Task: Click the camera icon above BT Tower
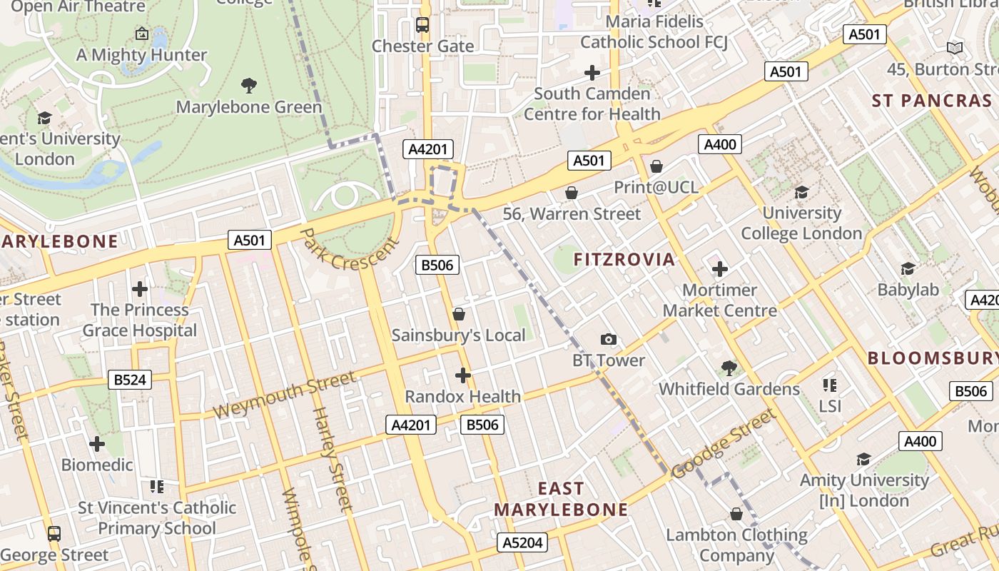pos(608,340)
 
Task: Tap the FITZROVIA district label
pos(624,259)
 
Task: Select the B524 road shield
pos(130,380)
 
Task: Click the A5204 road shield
pos(522,542)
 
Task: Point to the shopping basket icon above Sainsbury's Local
pos(459,314)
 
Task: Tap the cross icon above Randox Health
pos(463,375)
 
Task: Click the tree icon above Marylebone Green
pos(249,86)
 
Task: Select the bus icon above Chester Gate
pos(422,26)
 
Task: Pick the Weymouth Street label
pos(283,395)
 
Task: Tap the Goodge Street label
pos(723,444)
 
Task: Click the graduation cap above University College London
pos(801,192)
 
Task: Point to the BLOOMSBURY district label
pos(933,358)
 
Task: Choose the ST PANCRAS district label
pos(932,101)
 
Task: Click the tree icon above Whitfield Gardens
pos(729,368)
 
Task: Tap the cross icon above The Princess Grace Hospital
pos(140,289)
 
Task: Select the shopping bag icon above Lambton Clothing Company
pos(736,514)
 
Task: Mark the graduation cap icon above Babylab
pos(908,268)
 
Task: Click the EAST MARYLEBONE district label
pos(561,499)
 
